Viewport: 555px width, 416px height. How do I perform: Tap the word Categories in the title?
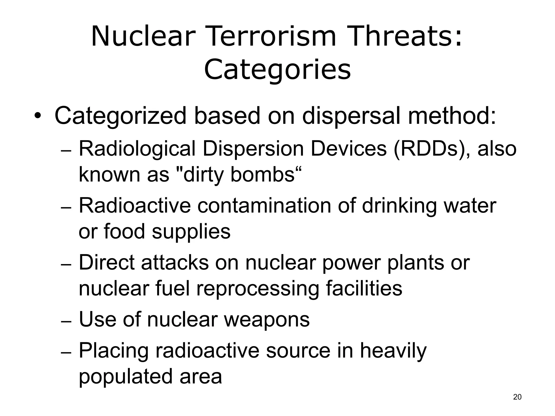point(277,70)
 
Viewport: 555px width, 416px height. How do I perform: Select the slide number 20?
point(517,397)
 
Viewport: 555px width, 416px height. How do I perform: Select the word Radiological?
point(137,149)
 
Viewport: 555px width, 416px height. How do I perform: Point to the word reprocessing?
point(257,289)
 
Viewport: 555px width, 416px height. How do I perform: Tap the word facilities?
point(364,288)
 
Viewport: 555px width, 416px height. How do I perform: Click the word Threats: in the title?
point(404,37)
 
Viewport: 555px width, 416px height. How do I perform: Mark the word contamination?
point(264,206)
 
